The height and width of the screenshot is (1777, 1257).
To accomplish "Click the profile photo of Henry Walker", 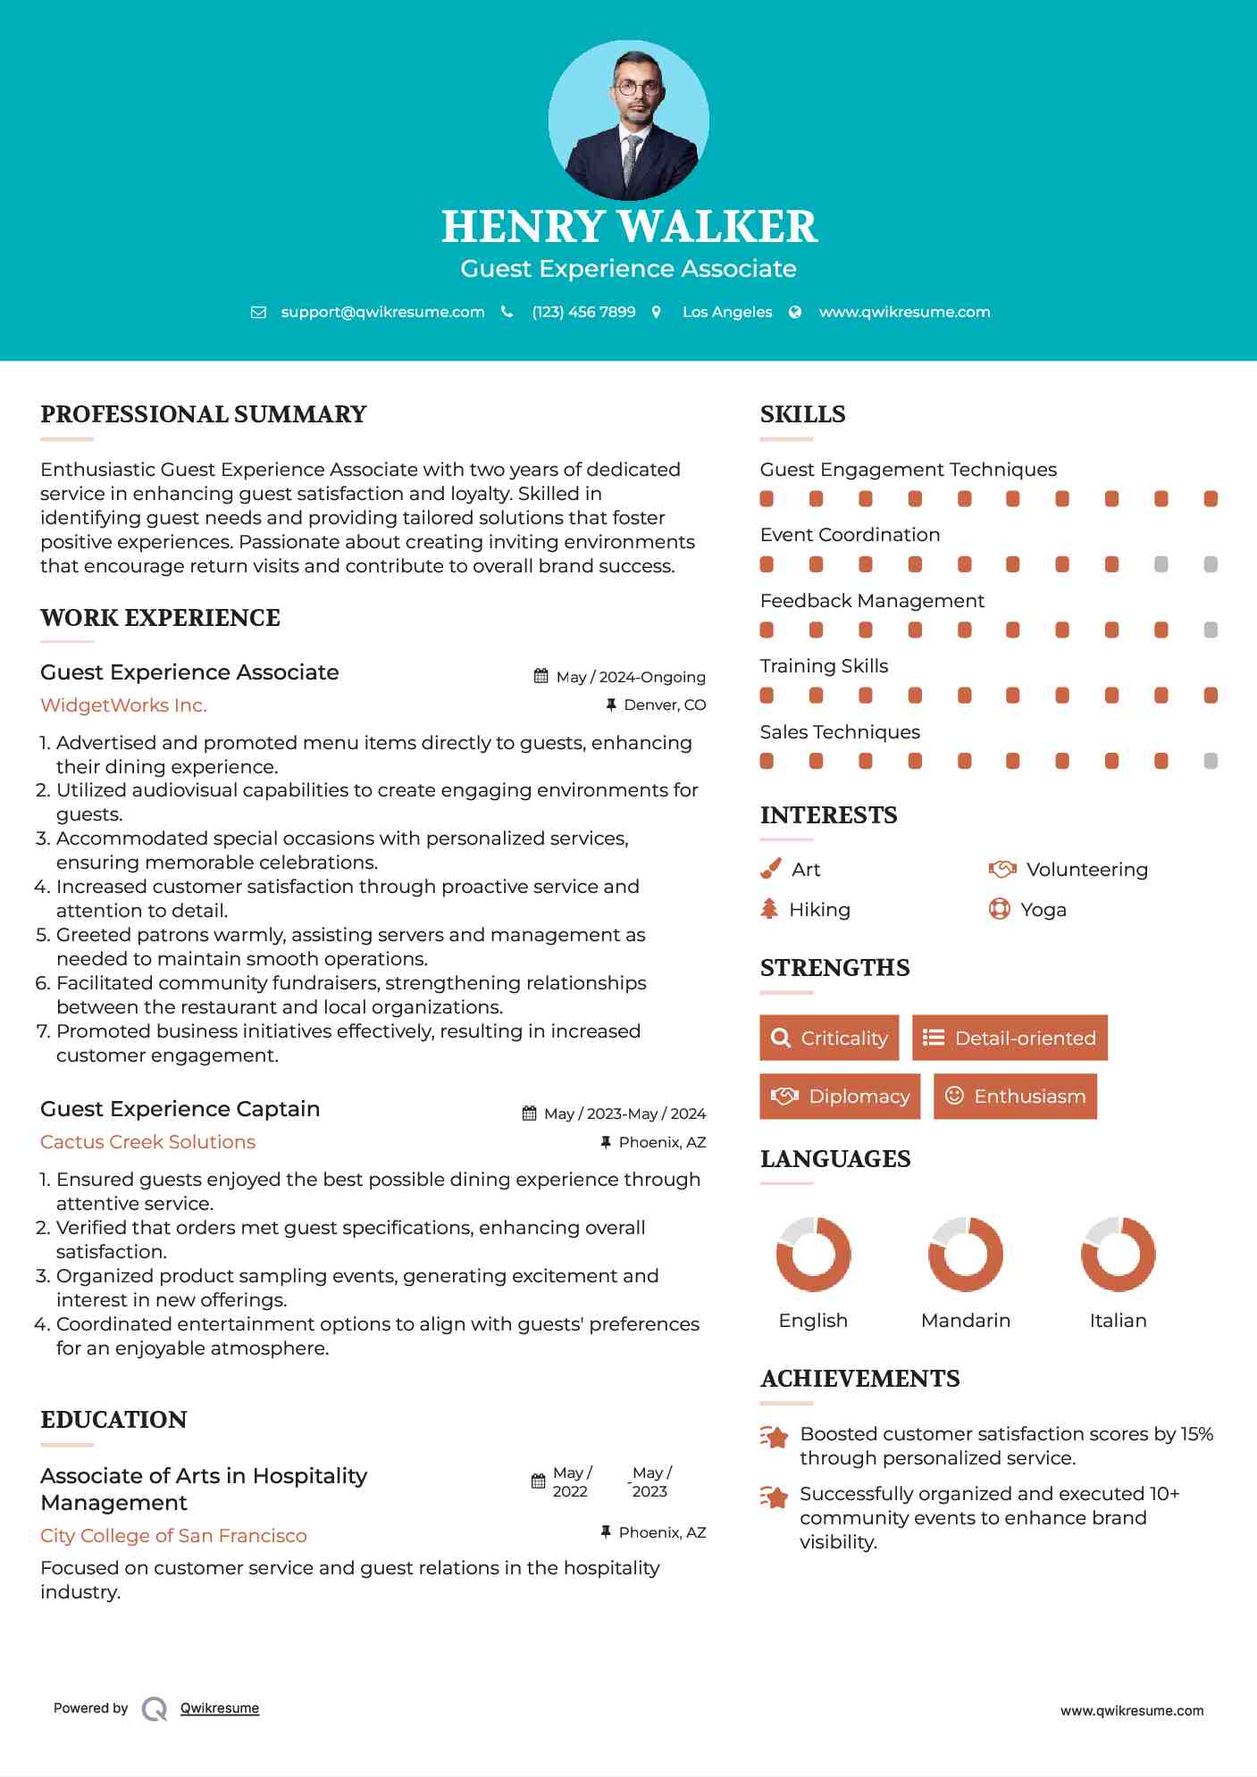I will [628, 120].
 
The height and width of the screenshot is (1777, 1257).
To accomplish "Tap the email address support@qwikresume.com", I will [382, 312].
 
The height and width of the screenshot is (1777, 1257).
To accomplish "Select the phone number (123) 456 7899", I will [583, 312].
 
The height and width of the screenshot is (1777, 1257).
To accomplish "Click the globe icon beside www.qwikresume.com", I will [795, 312].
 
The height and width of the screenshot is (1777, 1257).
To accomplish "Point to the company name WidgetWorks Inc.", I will [123, 705].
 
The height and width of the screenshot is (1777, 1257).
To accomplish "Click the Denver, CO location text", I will [664, 705].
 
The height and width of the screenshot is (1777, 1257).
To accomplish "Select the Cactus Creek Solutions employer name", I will [147, 1142].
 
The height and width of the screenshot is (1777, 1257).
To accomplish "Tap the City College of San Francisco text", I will [173, 1536].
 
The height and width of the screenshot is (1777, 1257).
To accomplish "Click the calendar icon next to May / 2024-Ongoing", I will [541, 676].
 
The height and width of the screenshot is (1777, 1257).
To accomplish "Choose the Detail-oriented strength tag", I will [1010, 1038].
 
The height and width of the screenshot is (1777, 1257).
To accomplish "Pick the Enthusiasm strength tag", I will [1015, 1097].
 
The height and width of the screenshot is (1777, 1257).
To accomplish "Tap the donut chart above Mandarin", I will [966, 1254].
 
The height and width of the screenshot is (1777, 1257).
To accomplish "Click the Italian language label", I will [1118, 1321].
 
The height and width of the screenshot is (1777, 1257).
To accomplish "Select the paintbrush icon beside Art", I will [770, 869].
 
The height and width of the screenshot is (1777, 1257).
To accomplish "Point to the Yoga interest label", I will [1043, 910].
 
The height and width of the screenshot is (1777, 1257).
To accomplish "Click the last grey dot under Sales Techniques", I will [1211, 761].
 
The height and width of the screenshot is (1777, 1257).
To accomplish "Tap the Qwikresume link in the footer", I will [220, 1708].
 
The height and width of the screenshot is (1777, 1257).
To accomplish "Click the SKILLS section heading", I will [802, 414].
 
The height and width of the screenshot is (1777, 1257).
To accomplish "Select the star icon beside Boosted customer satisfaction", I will [774, 1437].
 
